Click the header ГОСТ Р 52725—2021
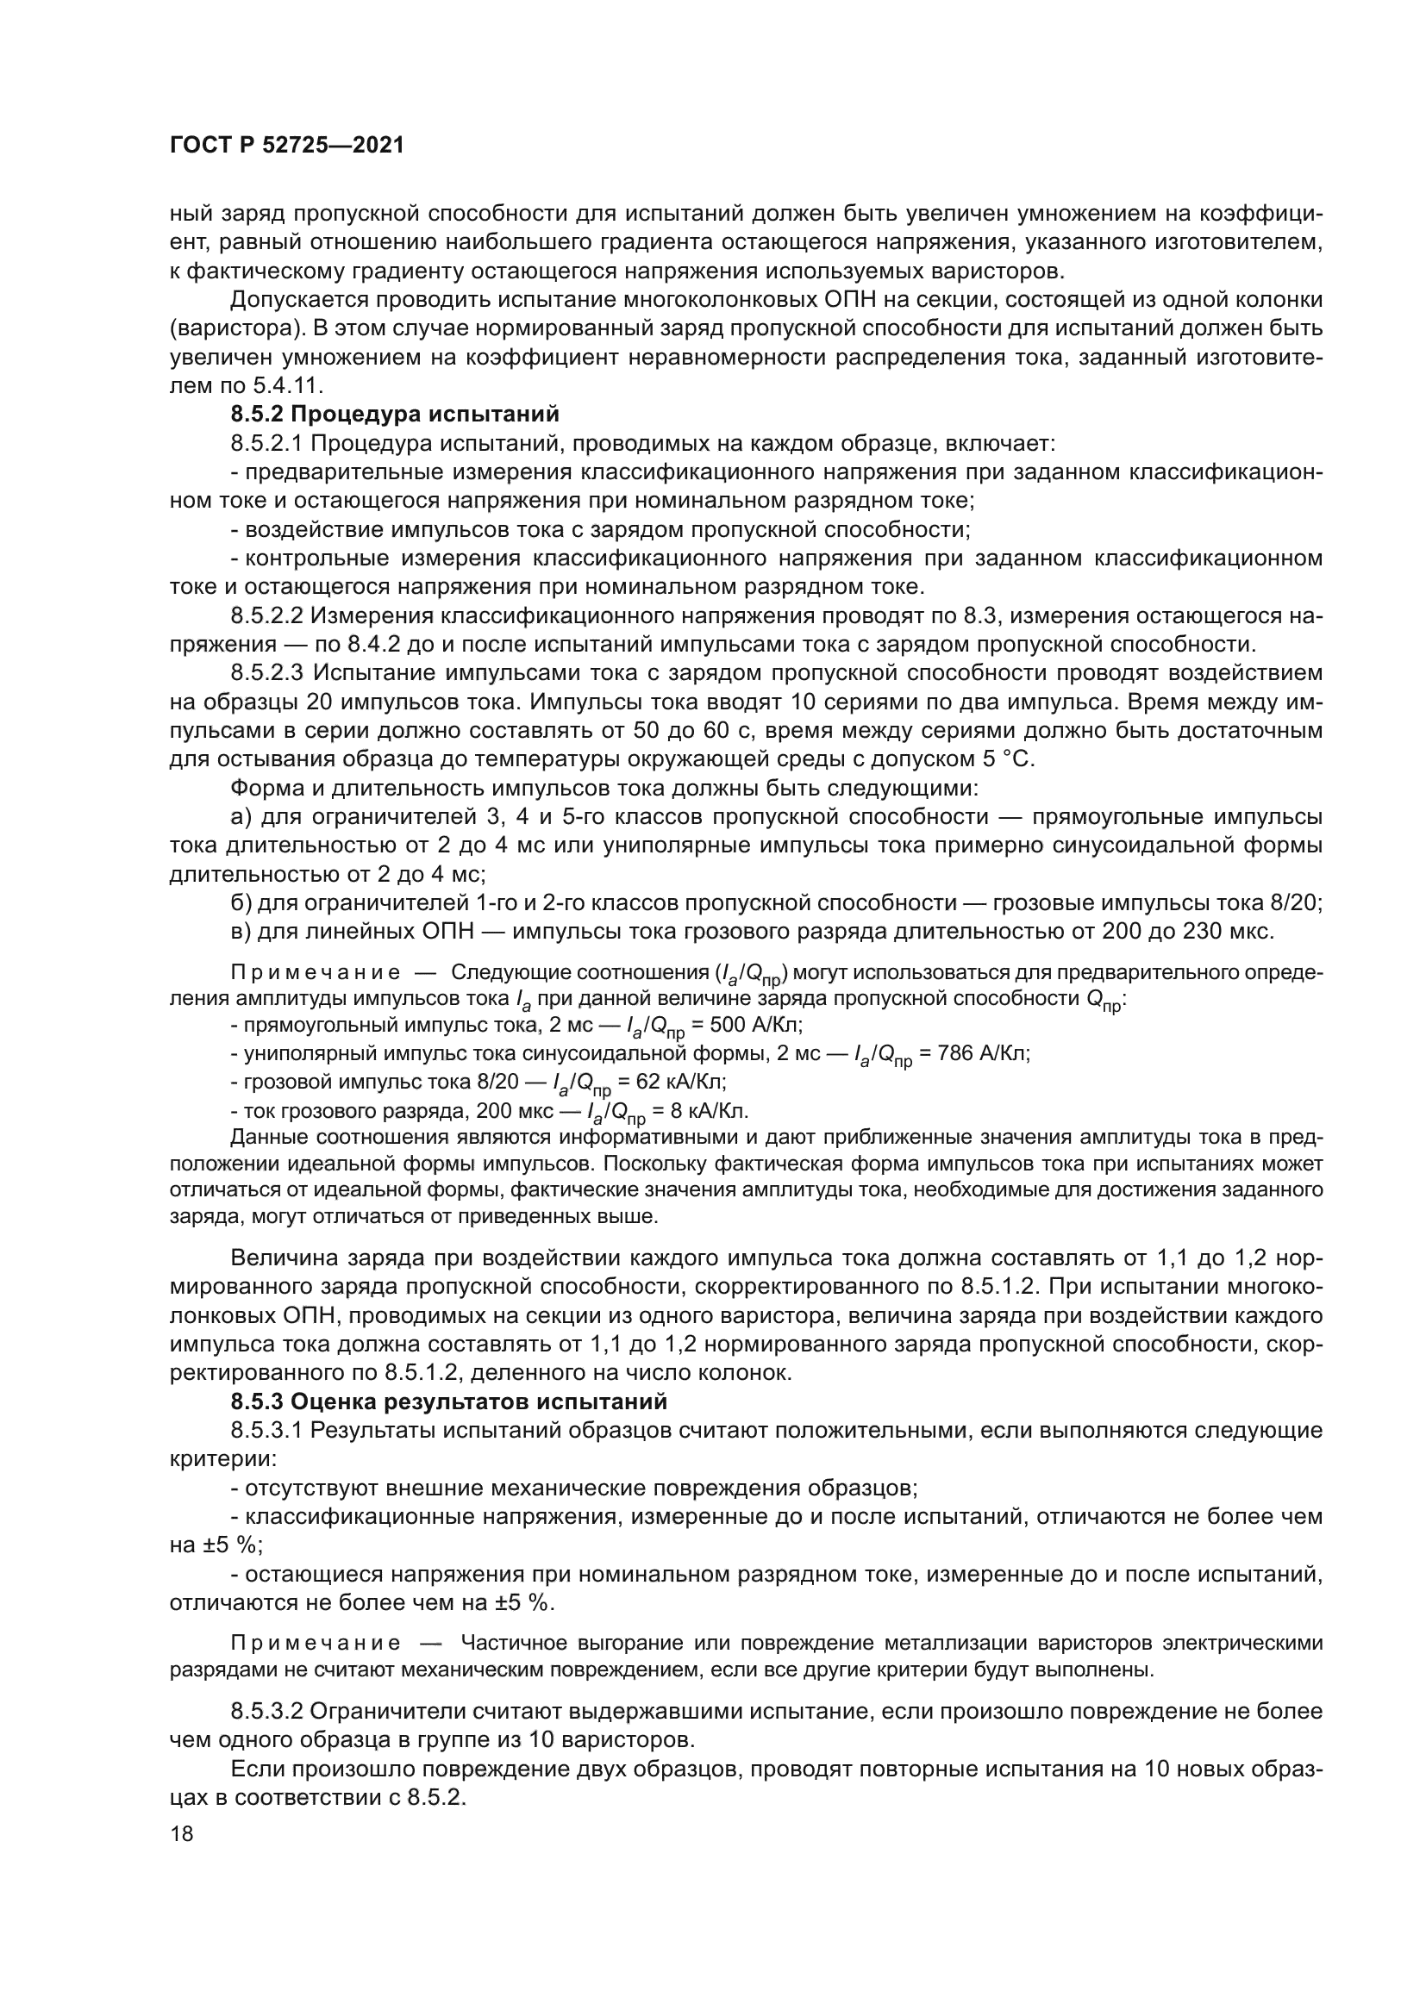click(286, 146)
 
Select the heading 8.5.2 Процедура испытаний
click(394, 415)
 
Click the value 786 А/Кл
click(979, 1053)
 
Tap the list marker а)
click(241, 817)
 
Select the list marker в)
click(241, 932)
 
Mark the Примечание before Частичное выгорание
click(316, 1643)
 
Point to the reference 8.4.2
click(374, 645)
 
